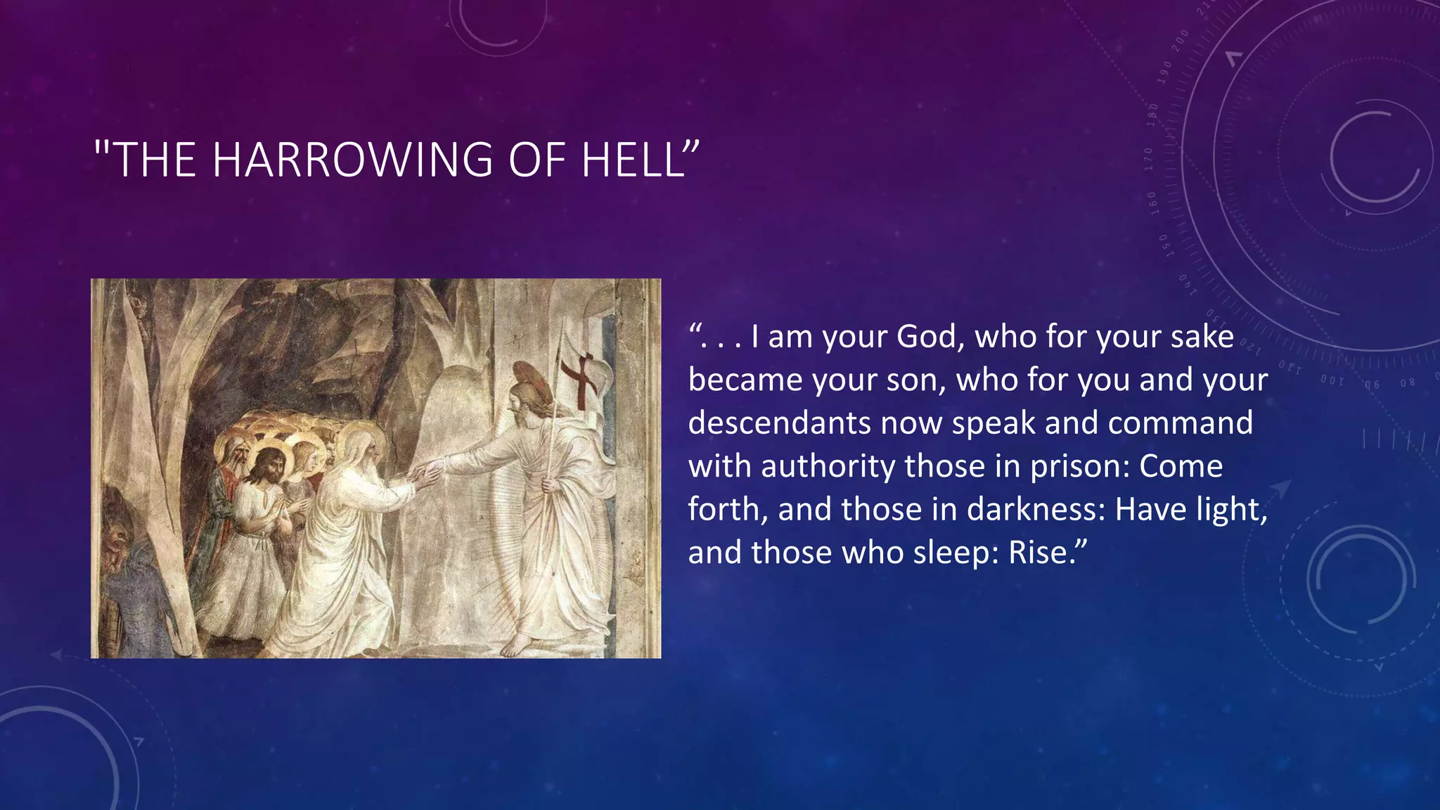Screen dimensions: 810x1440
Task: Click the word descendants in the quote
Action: coord(779,423)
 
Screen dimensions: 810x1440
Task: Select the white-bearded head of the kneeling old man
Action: coord(361,457)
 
